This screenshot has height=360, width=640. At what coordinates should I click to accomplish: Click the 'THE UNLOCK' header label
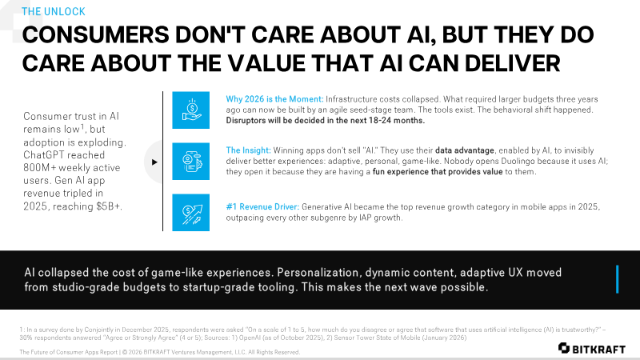pos(54,11)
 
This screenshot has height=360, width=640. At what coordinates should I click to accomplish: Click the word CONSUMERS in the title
pos(95,34)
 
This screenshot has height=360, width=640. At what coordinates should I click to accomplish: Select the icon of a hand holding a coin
pos(190,110)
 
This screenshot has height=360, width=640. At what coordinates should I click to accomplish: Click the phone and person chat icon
pos(190,162)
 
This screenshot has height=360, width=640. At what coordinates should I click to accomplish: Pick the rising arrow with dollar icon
pos(190,212)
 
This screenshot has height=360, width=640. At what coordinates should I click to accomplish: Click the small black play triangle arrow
pos(154,162)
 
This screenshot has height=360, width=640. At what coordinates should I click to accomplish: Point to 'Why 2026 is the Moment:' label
pos(274,99)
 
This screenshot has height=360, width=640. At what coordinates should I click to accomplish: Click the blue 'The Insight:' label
pos(248,150)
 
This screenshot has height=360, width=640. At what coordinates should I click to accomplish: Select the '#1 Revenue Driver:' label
pos(262,207)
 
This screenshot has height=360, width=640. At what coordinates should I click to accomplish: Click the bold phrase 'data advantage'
pos(465,150)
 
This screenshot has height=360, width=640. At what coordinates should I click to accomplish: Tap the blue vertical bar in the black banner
pos(617,279)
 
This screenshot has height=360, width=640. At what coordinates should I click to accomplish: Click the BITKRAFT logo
pos(592,348)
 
